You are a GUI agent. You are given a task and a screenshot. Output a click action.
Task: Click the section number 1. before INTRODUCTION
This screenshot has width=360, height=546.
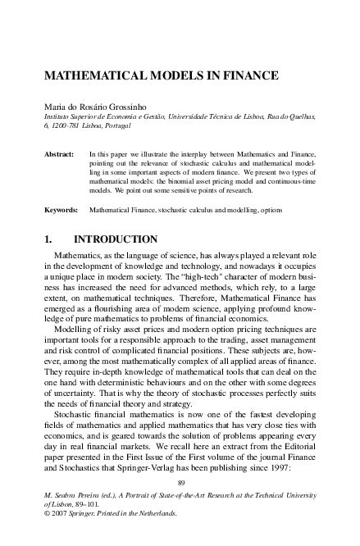pyautogui.click(x=49, y=240)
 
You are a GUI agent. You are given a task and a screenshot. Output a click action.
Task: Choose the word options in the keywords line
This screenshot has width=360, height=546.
pyautogui.click(x=269, y=210)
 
